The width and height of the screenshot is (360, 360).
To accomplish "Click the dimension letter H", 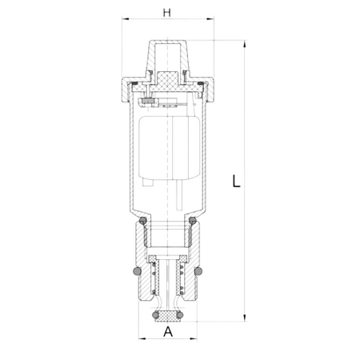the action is [167, 13].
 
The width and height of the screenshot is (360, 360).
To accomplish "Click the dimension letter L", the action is [236, 181].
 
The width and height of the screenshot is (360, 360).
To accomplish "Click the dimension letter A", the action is [168, 331].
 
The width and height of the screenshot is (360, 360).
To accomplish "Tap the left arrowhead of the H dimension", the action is [126, 18].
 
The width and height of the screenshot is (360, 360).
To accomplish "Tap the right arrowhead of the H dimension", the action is [210, 18].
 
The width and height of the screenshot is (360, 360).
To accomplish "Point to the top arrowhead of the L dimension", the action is [245, 44].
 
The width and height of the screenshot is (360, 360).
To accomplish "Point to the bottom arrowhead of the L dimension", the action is [245, 318].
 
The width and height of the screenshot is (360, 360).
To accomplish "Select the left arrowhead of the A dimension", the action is [142, 338].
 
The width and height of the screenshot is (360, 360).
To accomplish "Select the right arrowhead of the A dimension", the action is [194, 338].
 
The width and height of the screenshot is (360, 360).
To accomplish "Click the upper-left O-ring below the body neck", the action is [143, 221].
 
